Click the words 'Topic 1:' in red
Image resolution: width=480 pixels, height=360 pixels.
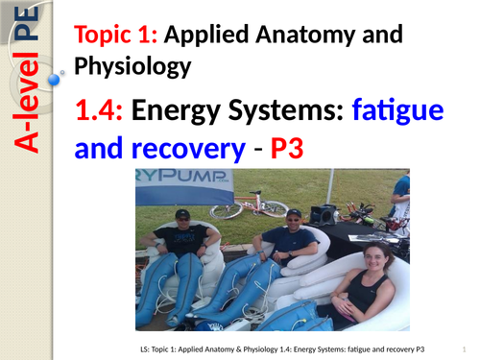click(116, 36)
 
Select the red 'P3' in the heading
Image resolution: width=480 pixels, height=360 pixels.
click(294, 151)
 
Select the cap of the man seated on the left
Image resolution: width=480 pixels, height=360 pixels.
click(182, 212)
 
